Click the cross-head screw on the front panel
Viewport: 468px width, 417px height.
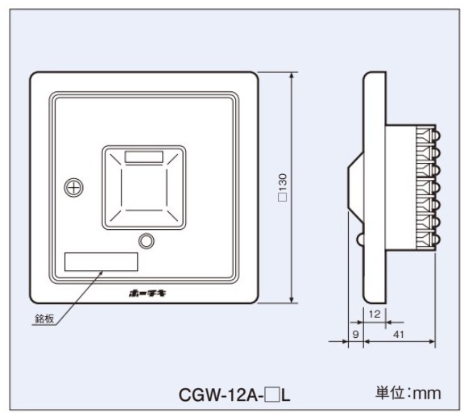click(73, 187)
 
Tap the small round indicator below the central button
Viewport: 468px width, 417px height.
click(147, 240)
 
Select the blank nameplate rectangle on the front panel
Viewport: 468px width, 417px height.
click(101, 262)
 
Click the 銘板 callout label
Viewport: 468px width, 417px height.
click(44, 319)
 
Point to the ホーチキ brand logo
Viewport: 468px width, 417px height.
click(147, 294)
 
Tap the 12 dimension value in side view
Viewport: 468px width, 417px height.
click(375, 315)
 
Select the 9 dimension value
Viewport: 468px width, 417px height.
click(355, 334)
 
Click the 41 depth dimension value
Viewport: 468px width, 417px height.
click(399, 334)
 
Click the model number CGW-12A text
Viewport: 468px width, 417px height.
click(221, 395)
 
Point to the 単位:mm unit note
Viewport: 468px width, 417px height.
click(408, 393)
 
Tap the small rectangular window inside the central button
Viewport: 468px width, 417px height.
click(144, 157)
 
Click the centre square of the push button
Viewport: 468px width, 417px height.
click(144, 187)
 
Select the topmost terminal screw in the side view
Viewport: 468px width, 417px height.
click(437, 136)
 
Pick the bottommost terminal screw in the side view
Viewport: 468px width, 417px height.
click(437, 239)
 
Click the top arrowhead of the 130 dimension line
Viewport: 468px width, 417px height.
click(292, 76)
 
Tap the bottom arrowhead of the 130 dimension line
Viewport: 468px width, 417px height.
click(292, 299)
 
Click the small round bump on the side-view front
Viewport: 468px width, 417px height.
click(360, 240)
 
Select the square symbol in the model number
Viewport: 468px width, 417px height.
click(273, 395)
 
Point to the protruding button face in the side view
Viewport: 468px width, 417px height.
click(349, 188)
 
